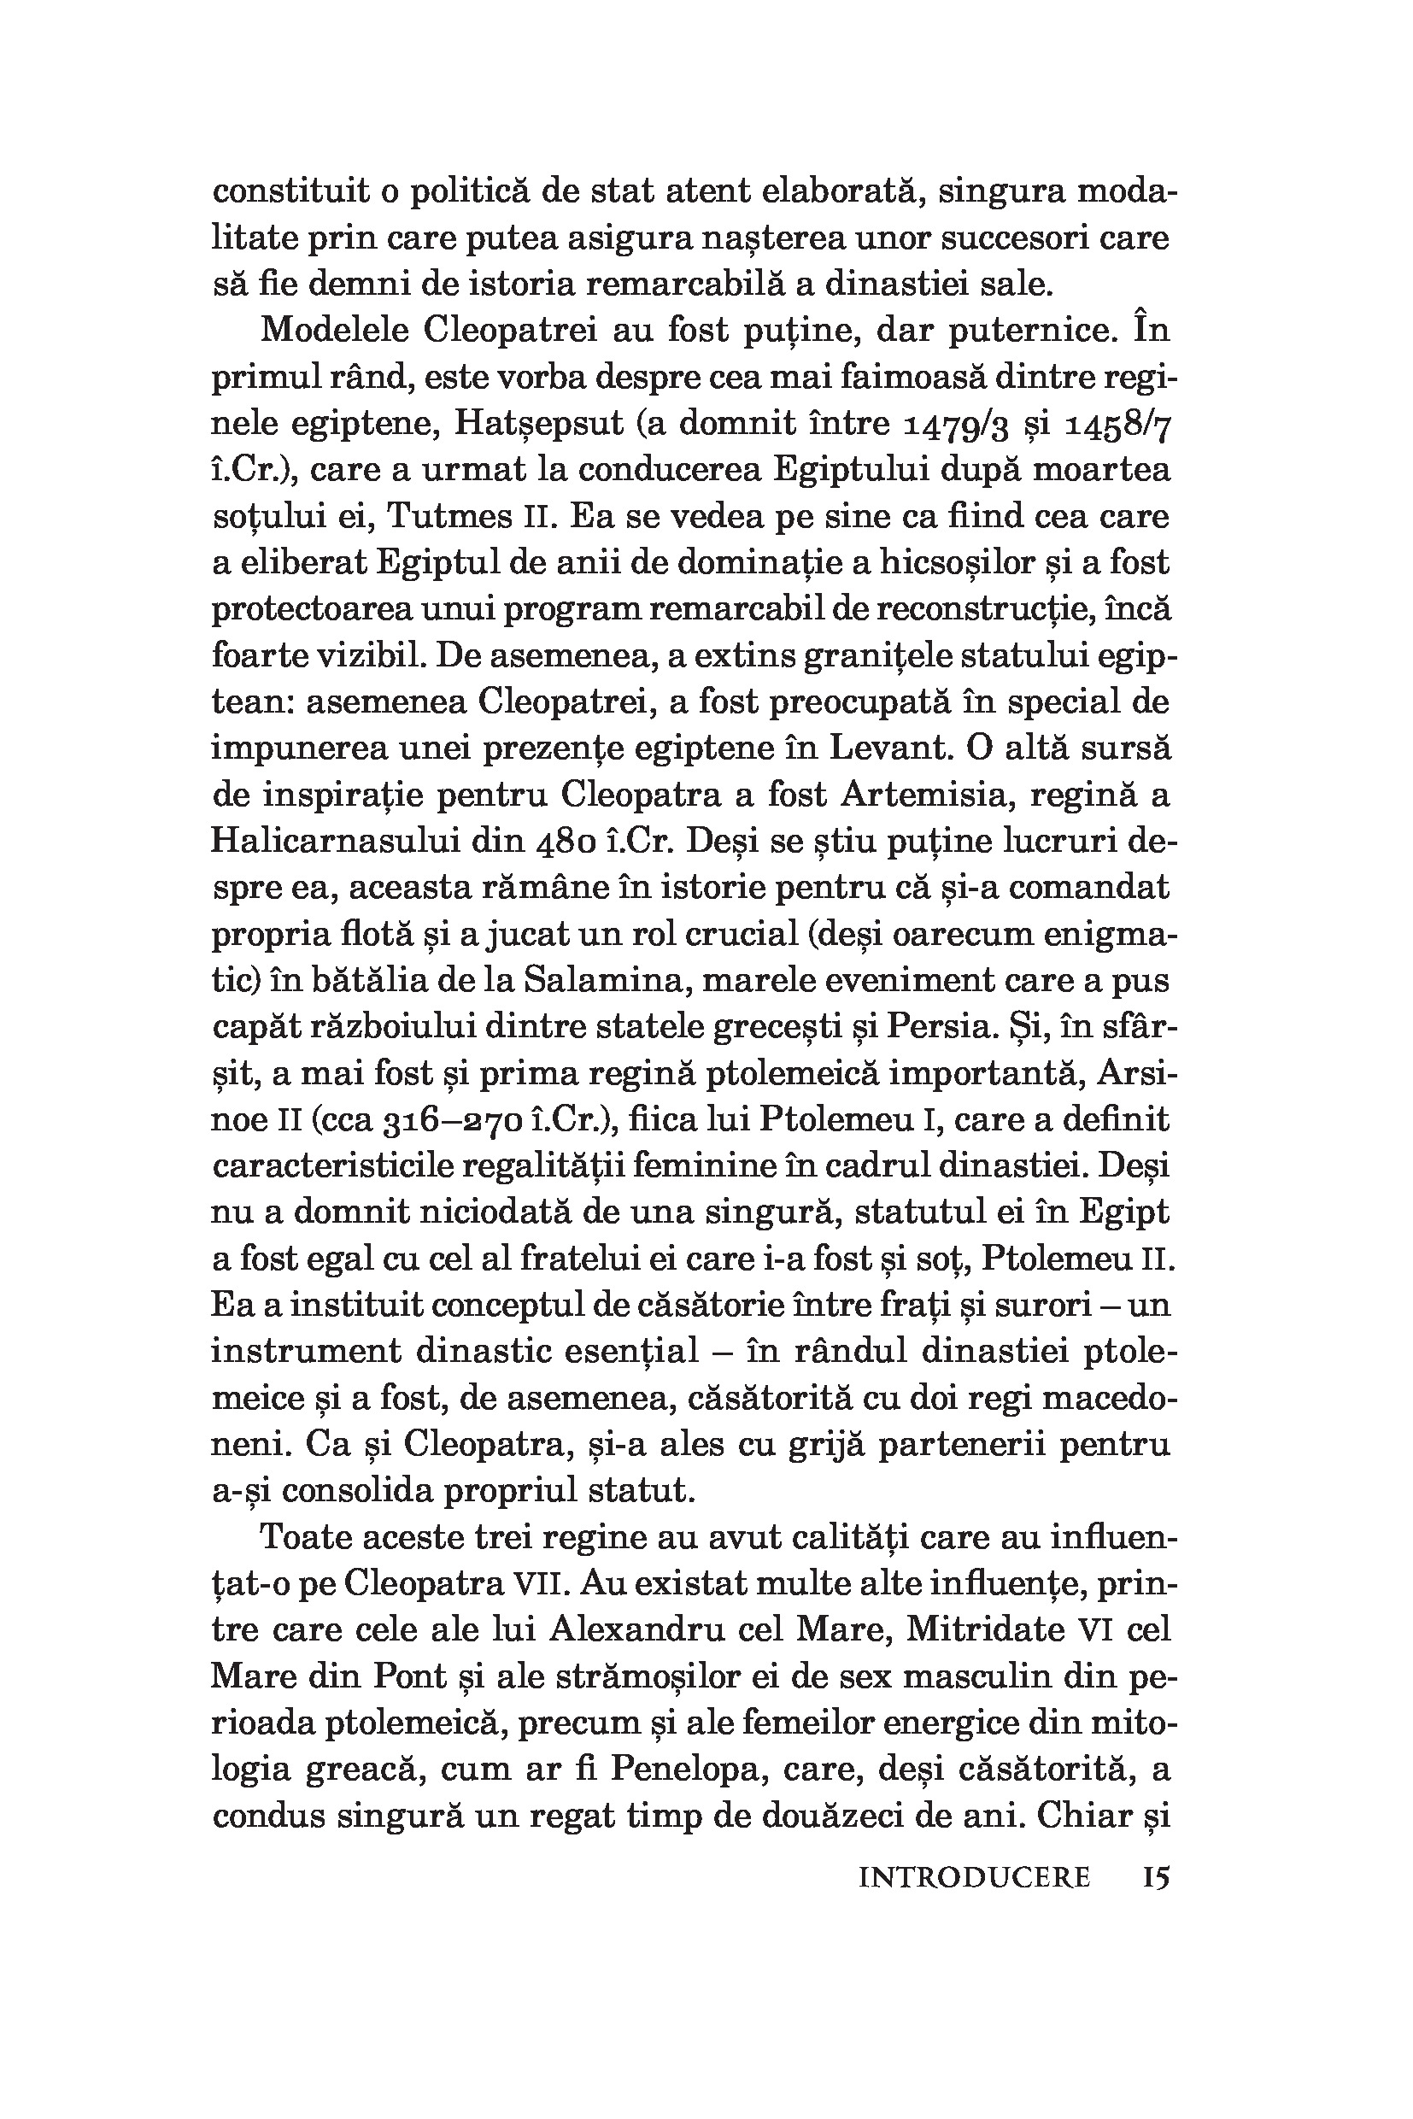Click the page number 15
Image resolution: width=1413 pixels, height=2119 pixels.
pyautogui.click(x=1156, y=1877)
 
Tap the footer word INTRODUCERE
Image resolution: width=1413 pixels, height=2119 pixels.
pyautogui.click(x=975, y=1877)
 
